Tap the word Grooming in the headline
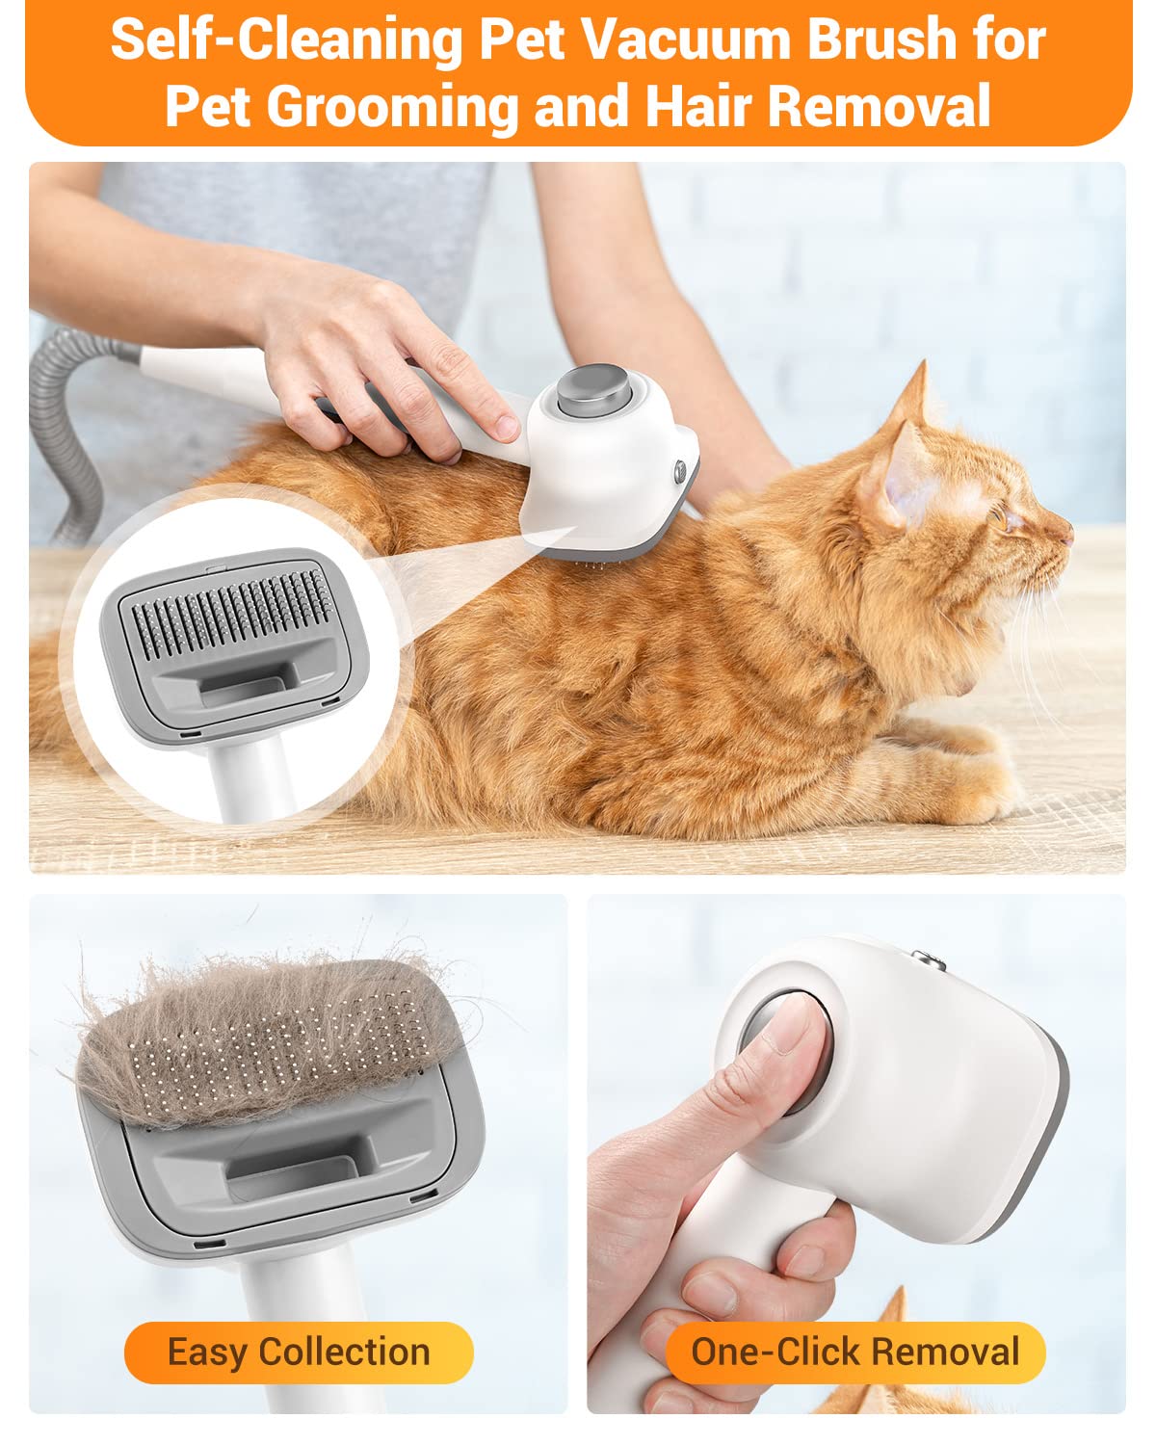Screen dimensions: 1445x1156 [x=392, y=106]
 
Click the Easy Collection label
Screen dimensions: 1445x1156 [x=299, y=1352]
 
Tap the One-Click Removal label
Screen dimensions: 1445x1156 [x=854, y=1352]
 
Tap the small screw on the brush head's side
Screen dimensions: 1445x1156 [x=680, y=471]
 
